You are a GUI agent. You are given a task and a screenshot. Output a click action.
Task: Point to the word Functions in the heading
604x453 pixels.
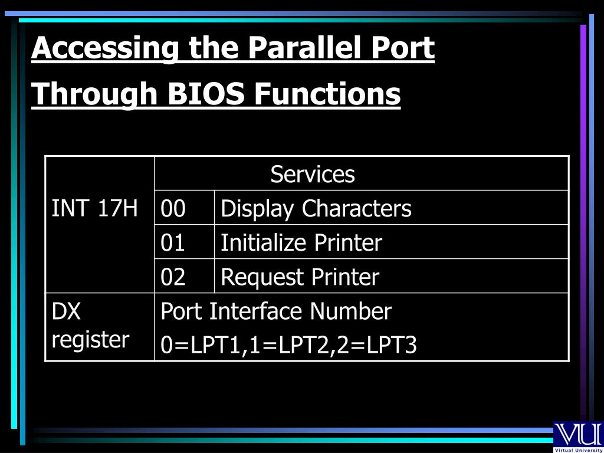coord(327,94)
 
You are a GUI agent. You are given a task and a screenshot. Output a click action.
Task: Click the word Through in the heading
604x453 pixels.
coord(94,95)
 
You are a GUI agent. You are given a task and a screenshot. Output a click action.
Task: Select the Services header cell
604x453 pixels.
coord(313,174)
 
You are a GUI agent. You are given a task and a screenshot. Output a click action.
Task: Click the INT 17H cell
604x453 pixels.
coord(95,208)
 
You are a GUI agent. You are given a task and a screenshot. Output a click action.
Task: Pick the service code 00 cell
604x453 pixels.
coord(173,208)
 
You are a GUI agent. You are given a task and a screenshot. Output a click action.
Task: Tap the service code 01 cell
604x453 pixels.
coord(173,242)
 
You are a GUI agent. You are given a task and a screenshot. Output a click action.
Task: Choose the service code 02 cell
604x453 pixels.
coord(173,277)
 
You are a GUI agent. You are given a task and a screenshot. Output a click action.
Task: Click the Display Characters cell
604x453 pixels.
coord(316,208)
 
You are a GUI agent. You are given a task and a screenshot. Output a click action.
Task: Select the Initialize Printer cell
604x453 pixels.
coord(301,242)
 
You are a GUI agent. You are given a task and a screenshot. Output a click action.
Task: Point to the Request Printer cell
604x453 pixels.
coord(300,277)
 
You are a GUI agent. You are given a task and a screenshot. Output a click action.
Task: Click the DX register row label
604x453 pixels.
coord(90,326)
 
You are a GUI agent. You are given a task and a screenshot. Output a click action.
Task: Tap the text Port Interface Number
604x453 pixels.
coord(276,311)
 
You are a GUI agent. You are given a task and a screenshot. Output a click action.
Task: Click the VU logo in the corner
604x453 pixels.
coord(577,434)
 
